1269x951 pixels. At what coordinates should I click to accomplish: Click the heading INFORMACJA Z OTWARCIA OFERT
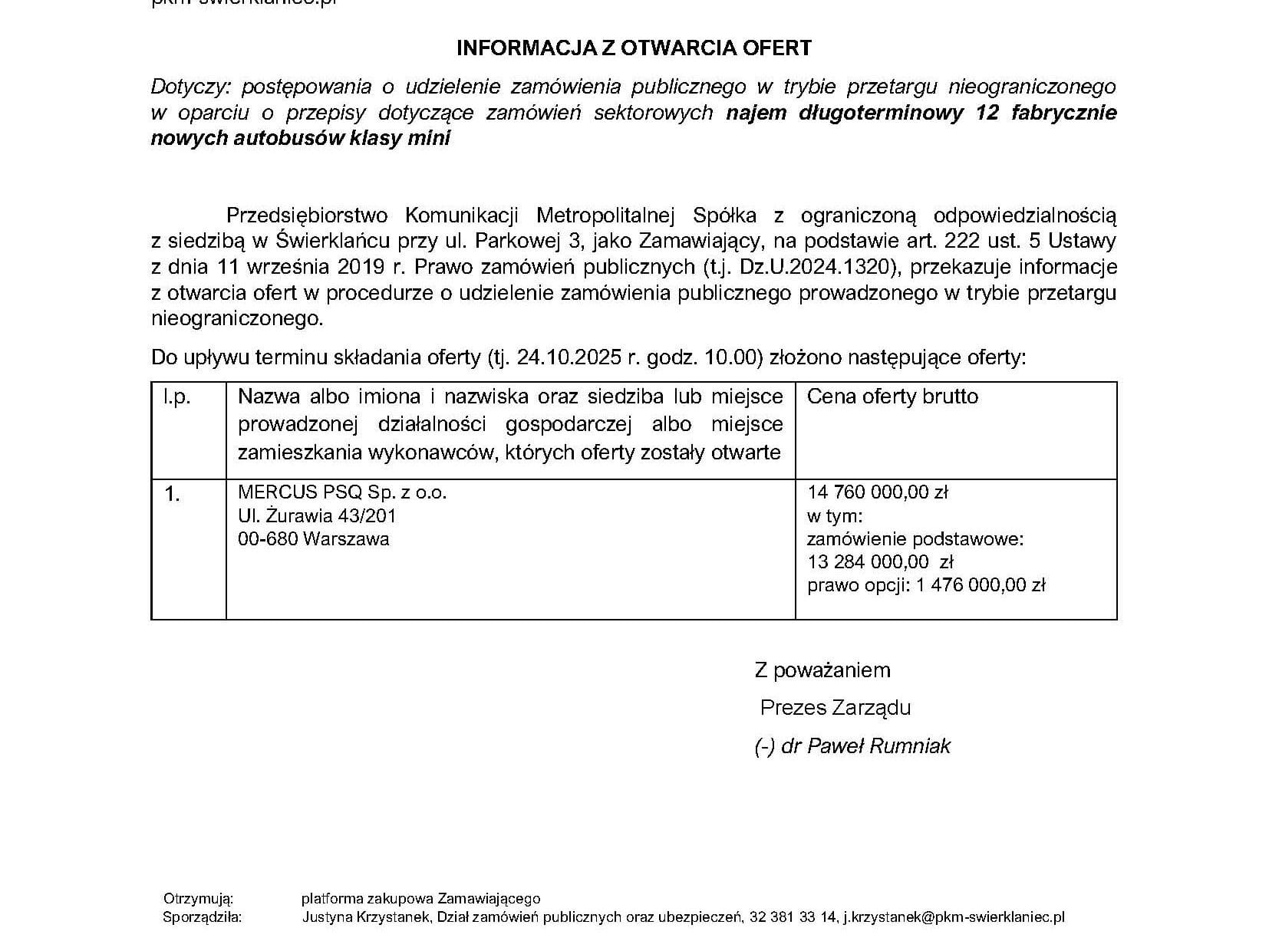tap(634, 48)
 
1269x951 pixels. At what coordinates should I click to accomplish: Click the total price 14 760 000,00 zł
tap(878, 492)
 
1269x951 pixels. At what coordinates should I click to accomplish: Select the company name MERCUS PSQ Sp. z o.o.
tap(342, 492)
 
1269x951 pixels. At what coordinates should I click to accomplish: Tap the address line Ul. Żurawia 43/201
tap(317, 515)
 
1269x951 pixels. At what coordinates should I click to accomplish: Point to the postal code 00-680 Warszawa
tap(313, 538)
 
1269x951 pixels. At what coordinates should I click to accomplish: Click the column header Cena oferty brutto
tap(892, 397)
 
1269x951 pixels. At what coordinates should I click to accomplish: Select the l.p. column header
tap(176, 397)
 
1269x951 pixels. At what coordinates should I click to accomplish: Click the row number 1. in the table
tap(172, 495)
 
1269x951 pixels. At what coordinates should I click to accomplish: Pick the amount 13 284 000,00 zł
tap(869, 561)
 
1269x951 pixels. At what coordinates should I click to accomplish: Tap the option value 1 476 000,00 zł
tap(981, 585)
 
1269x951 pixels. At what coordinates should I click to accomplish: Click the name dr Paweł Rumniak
tap(865, 745)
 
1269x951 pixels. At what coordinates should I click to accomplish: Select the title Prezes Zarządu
tap(835, 707)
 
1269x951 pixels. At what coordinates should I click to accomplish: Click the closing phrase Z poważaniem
tap(822, 670)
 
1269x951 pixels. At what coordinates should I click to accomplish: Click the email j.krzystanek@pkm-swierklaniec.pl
tap(954, 916)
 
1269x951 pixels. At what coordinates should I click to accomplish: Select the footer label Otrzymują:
tap(198, 898)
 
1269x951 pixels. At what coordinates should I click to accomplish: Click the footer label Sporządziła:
tap(202, 916)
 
